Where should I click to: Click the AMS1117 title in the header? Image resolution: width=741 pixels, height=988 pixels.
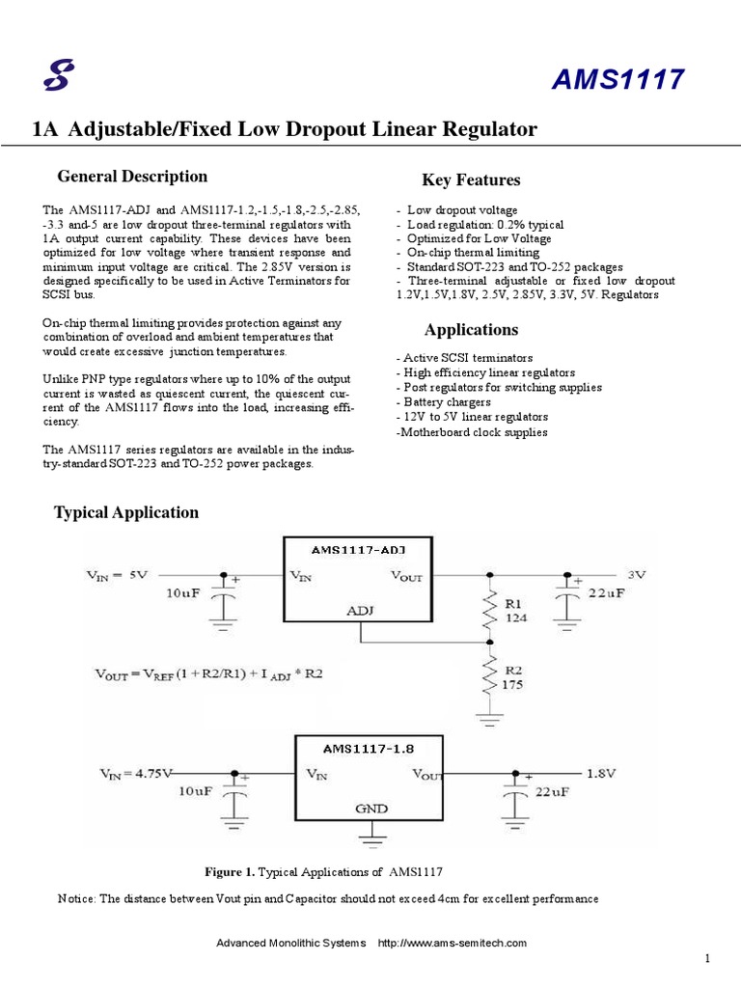coord(617,81)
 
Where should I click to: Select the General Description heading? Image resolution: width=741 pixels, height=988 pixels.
coord(132,177)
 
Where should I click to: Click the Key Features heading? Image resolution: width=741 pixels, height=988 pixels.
coord(471,180)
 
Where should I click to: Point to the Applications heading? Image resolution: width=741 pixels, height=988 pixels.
coord(471,330)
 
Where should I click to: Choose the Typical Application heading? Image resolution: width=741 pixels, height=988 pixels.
coord(126,513)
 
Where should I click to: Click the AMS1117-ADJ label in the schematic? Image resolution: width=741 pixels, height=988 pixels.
coord(358,549)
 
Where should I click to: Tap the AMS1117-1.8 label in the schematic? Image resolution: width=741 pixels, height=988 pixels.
coord(367,747)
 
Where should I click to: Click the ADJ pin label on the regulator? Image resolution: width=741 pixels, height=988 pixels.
coord(358,610)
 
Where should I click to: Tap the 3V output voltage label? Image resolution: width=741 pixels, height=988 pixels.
coord(636,574)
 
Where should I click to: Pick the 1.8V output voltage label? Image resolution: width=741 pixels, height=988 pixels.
coord(602,773)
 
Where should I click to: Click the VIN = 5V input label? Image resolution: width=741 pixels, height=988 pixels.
coord(117,575)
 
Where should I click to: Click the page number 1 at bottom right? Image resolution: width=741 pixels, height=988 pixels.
coord(707,958)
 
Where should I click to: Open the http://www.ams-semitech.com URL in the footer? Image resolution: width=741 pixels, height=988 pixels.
coord(452,943)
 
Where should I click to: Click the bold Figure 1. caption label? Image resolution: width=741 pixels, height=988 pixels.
coord(230,872)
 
